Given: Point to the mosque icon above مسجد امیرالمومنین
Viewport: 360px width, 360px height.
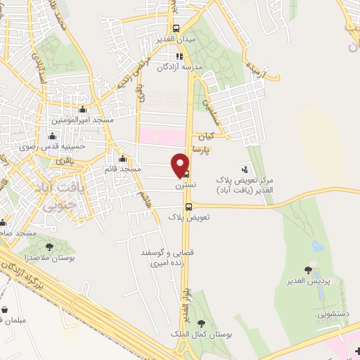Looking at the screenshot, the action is click(x=84, y=109).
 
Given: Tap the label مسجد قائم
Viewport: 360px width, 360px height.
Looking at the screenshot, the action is click(x=122, y=169).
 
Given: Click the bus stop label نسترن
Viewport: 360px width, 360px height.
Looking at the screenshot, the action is click(x=186, y=185).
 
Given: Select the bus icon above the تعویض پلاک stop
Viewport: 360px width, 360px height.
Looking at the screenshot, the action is click(x=188, y=206).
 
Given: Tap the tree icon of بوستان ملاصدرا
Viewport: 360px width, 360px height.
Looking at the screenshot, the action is click(x=49, y=247).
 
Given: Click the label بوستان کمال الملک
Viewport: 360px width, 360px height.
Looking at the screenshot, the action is click(x=202, y=335).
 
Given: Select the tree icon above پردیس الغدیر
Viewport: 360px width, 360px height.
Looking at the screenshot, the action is click(x=308, y=269).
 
